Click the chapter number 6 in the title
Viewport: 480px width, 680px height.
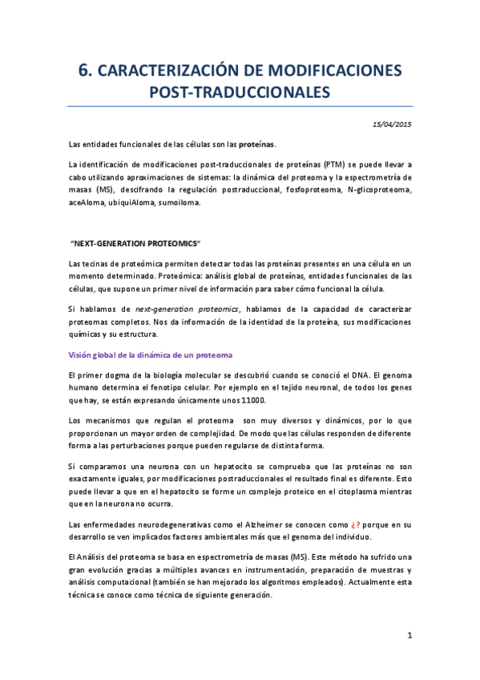point(83,71)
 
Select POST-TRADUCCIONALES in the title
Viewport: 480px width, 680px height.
point(240,92)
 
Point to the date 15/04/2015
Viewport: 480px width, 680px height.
point(392,123)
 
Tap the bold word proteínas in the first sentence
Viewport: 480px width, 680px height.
point(256,144)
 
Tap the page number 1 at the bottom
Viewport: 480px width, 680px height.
point(409,636)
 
